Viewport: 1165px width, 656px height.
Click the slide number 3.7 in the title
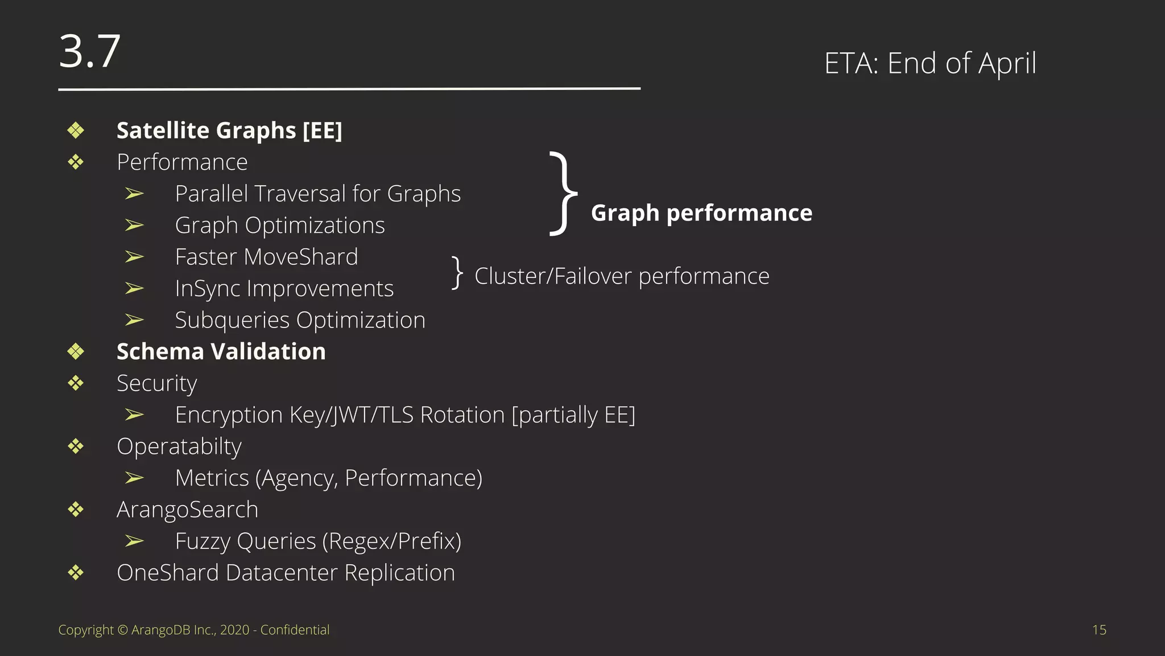pyautogui.click(x=90, y=51)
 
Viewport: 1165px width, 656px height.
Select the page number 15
pyautogui.click(x=1099, y=630)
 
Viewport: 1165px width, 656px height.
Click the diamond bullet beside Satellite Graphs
pyautogui.click(x=76, y=130)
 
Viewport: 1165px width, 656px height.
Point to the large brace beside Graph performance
pyautogui.click(x=563, y=194)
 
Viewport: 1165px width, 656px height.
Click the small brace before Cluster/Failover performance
pyautogui.click(x=457, y=273)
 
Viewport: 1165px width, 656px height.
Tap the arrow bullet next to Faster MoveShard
pyautogui.click(x=134, y=257)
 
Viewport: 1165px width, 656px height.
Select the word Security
pyautogui.click(x=157, y=384)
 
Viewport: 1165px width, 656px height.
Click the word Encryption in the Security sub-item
pyautogui.click(x=229, y=415)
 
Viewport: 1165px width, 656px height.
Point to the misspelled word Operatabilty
pyautogui.click(x=179, y=447)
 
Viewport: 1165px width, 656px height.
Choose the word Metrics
pyautogui.click(x=212, y=478)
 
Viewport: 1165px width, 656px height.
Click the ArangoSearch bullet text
pyautogui.click(x=187, y=510)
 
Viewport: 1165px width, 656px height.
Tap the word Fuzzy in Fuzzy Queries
pyautogui.click(x=203, y=542)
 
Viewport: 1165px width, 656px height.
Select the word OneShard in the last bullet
pyautogui.click(x=168, y=573)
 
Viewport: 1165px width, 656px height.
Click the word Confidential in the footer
pyautogui.click(x=295, y=630)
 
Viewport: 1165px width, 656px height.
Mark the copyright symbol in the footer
pyautogui.click(x=123, y=630)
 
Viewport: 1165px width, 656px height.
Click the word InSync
pyautogui.click(x=208, y=289)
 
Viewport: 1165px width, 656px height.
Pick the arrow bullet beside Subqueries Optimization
pyautogui.click(x=134, y=320)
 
